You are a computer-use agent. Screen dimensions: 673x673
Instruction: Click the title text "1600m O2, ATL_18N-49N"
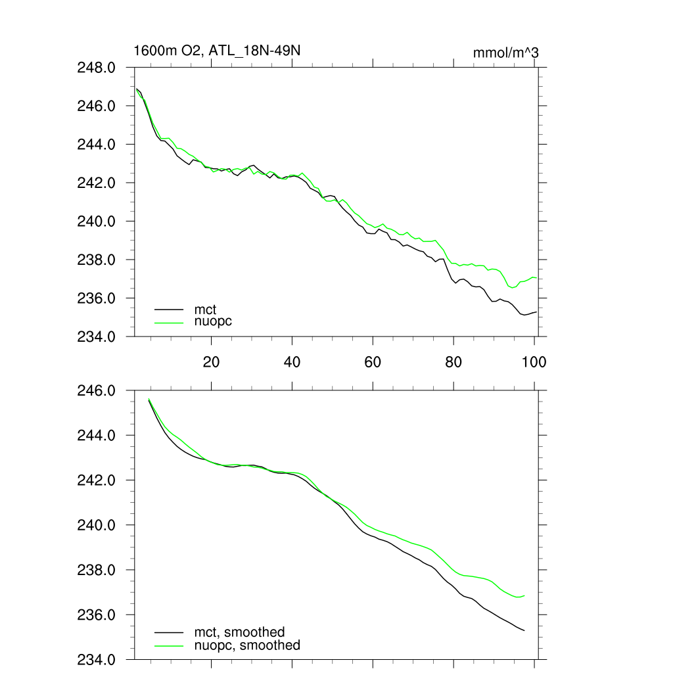click(x=217, y=50)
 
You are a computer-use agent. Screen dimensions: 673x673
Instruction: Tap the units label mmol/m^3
click(x=505, y=53)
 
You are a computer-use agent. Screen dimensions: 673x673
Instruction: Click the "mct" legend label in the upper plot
click(x=204, y=308)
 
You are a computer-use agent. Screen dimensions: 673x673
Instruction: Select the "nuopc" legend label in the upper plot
click(x=213, y=321)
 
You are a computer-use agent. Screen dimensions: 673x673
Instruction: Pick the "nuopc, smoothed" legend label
click(x=247, y=645)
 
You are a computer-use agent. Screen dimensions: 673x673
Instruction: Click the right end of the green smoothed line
click(x=524, y=595)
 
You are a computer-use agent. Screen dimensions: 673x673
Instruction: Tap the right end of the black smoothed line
click(x=524, y=630)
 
